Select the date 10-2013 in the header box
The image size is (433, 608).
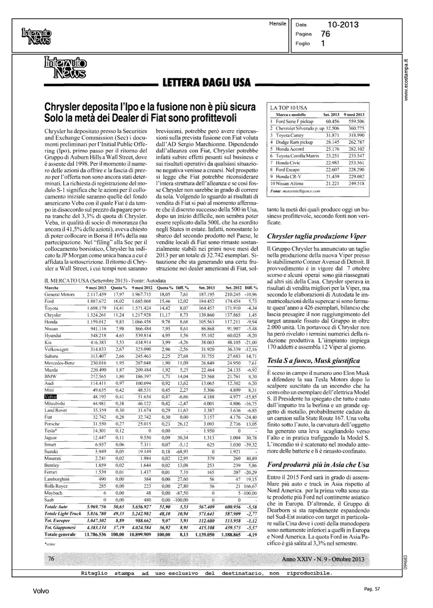tap(343, 25)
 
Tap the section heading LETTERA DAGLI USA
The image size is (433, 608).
tap(207, 84)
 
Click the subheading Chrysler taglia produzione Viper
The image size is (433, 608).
tap(316, 236)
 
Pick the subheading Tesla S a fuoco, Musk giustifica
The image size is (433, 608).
tap(314, 360)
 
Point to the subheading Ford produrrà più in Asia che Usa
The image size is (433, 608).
tap(318, 465)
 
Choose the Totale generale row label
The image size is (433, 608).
tap(60, 535)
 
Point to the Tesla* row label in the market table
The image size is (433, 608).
tap(50, 431)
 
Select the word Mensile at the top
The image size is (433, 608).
tap(277, 23)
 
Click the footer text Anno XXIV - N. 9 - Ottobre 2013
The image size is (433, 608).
tap(323, 559)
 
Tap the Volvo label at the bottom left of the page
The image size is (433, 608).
tap(41, 591)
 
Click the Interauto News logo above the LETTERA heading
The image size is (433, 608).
tap(65, 67)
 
